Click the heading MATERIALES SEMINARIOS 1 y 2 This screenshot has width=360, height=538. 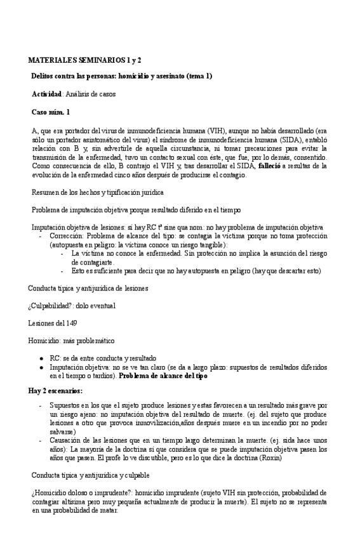click(x=84, y=60)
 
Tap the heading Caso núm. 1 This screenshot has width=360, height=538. click(x=51, y=112)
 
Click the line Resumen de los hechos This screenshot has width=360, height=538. click(x=98, y=192)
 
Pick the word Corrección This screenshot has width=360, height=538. click(x=66, y=235)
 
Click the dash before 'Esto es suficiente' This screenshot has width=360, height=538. click(x=62, y=271)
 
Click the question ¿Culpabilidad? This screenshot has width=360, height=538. click(x=53, y=306)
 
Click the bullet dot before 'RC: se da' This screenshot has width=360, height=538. click(x=41, y=358)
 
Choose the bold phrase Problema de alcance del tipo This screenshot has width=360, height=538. click(x=163, y=376)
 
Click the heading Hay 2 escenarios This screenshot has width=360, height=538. click(x=55, y=390)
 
